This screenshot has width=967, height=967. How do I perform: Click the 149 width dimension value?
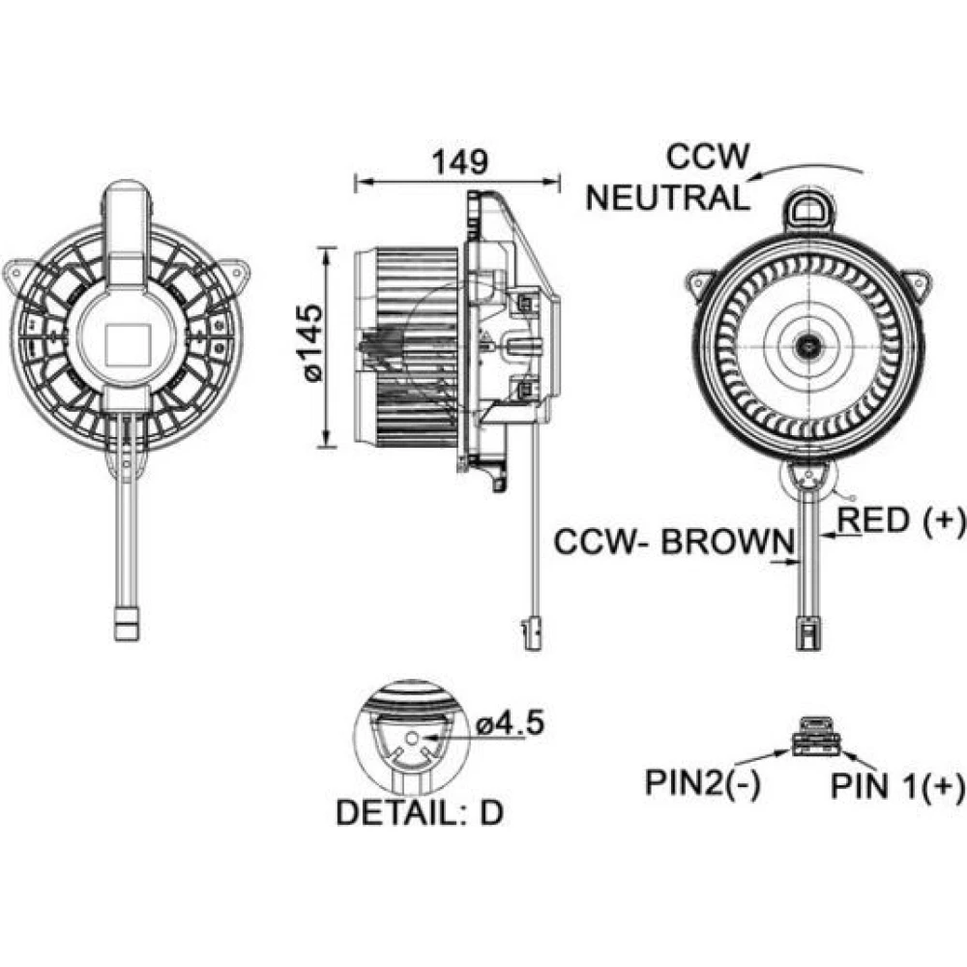pyautogui.click(x=458, y=161)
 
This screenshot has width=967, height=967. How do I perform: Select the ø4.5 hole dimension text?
pyautogui.click(x=513, y=722)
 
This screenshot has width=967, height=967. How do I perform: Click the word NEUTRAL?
pyautogui.click(x=667, y=198)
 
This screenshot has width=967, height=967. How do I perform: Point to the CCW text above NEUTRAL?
pyautogui.click(x=707, y=157)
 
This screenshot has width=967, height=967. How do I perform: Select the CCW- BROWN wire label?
pyautogui.click(x=674, y=542)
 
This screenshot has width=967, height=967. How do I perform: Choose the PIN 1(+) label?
pyautogui.click(x=898, y=786)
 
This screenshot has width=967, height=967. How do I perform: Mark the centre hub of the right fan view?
pyautogui.click(x=806, y=343)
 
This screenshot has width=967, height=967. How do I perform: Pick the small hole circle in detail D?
pyautogui.click(x=412, y=738)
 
